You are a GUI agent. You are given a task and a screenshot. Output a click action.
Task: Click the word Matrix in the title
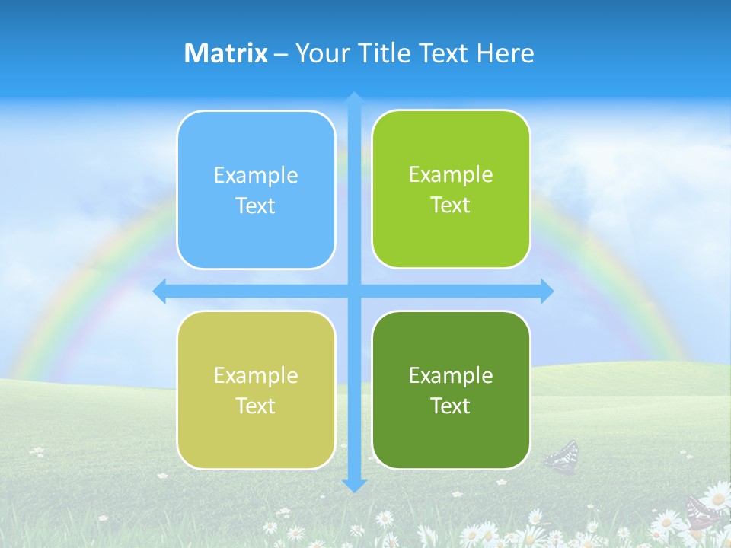(x=225, y=53)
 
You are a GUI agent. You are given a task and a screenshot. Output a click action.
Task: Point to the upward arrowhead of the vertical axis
(x=354, y=99)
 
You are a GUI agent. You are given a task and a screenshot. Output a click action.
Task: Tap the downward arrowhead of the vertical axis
(x=354, y=484)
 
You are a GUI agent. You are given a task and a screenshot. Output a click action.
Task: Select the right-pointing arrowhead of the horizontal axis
(x=547, y=291)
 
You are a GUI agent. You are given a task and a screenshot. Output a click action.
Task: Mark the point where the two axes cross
(x=354, y=291)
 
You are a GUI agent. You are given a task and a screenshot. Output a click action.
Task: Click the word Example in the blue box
(x=256, y=176)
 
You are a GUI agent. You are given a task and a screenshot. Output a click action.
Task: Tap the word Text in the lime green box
(x=451, y=205)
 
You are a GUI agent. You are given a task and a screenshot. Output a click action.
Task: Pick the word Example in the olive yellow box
(x=256, y=375)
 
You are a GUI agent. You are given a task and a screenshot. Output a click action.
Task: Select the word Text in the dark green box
(x=451, y=406)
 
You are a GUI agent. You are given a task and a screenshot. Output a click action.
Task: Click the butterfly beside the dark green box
(x=562, y=457)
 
